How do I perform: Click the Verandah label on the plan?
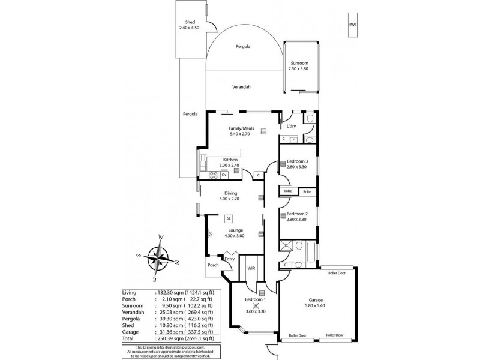point(241,87)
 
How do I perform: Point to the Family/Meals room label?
point(238,131)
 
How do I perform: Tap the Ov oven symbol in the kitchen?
point(223,175)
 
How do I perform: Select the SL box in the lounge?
point(229,218)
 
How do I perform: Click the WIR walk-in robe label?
point(251,268)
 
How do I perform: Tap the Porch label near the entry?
point(212,265)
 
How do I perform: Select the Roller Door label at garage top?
point(337,272)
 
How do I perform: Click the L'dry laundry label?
point(292,126)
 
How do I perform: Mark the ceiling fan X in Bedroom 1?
point(256,304)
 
